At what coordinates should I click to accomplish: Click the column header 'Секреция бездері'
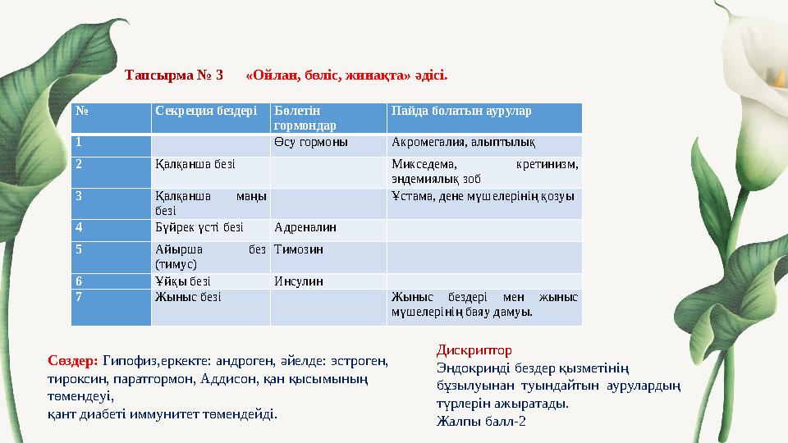[x=206, y=111]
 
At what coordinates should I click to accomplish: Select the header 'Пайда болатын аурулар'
[x=461, y=111]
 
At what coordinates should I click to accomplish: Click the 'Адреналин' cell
[x=305, y=227]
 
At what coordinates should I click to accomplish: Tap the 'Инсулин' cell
[x=299, y=281]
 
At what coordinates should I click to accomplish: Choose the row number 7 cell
[x=79, y=297]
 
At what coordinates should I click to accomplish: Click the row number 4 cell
[x=79, y=227]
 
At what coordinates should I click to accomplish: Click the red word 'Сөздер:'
[x=73, y=360]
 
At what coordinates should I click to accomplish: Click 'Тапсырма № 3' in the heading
[x=174, y=75]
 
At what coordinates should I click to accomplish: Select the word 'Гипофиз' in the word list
[x=129, y=360]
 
